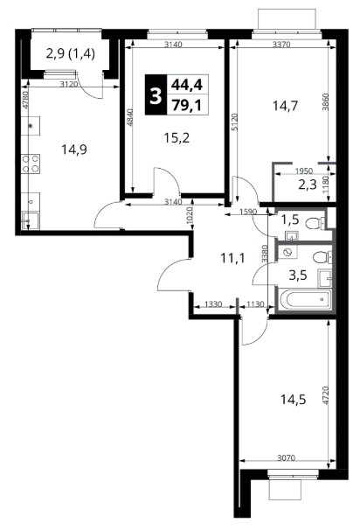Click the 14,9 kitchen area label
(x=74, y=149)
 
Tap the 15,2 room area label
(x=177, y=138)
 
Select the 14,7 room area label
(x=285, y=106)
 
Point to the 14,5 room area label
(x=293, y=400)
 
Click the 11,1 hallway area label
(x=232, y=259)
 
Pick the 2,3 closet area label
(x=308, y=185)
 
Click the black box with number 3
(x=156, y=95)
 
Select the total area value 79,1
(x=187, y=106)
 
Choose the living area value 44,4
(x=187, y=85)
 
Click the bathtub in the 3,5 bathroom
(x=304, y=299)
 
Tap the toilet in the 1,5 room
(x=315, y=223)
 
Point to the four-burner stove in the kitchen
(x=31, y=164)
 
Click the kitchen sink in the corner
(x=31, y=220)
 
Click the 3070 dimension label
(x=286, y=458)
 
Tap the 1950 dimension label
(x=303, y=171)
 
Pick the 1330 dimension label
(x=213, y=304)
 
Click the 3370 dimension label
(x=281, y=45)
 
